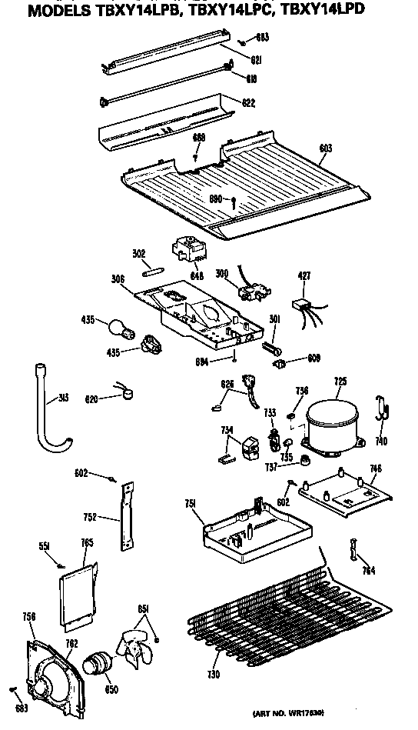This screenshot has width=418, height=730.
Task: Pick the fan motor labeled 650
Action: [98, 662]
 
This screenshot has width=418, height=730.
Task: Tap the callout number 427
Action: [304, 275]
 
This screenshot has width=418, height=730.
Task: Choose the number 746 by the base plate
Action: [375, 468]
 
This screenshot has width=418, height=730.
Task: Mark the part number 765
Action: [87, 544]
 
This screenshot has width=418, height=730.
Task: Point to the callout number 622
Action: [248, 102]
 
